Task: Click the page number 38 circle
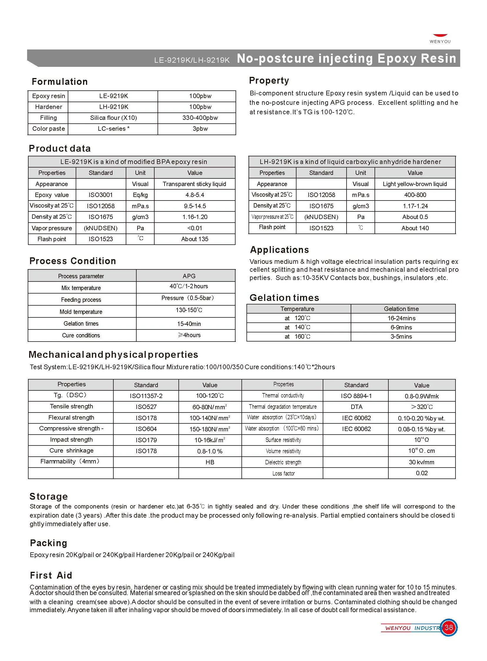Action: click(448, 627)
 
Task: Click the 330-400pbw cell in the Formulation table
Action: click(200, 118)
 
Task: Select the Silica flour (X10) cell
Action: click(113, 118)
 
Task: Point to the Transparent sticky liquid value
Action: click(194, 184)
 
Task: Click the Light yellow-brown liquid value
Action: click(415, 184)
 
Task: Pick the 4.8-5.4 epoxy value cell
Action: click(195, 195)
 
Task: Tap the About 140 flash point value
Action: click(415, 228)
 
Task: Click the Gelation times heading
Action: click(284, 298)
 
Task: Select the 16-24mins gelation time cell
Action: click(401, 318)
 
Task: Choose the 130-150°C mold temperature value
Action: click(189, 310)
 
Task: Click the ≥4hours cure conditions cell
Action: click(189, 335)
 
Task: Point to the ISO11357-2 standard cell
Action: click(146, 396)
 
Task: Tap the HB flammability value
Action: click(210, 462)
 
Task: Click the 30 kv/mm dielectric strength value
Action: click(421, 462)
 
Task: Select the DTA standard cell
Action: click(356, 407)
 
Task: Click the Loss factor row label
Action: click(283, 473)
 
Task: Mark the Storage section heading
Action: click(49, 496)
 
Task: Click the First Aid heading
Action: click(51, 575)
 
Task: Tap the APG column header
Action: click(189, 276)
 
